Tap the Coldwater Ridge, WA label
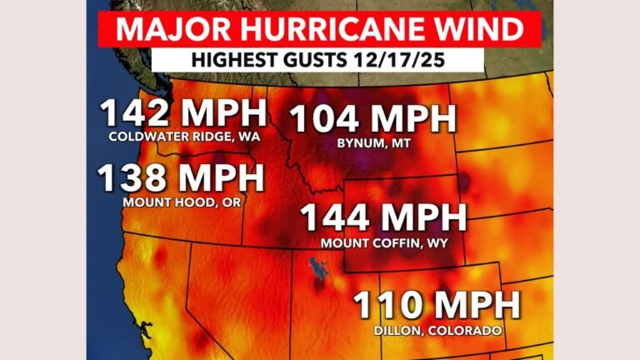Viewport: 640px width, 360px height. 183,137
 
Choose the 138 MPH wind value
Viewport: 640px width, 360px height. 181,179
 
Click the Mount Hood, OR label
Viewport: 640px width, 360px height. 181,202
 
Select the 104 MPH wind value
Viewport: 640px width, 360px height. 372,120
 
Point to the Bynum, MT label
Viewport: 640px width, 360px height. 372,143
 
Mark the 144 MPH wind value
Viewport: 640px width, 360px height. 383,219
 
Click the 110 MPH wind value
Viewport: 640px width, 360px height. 437,306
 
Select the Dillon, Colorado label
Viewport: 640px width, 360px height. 437,331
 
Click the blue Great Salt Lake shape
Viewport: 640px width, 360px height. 316,272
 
